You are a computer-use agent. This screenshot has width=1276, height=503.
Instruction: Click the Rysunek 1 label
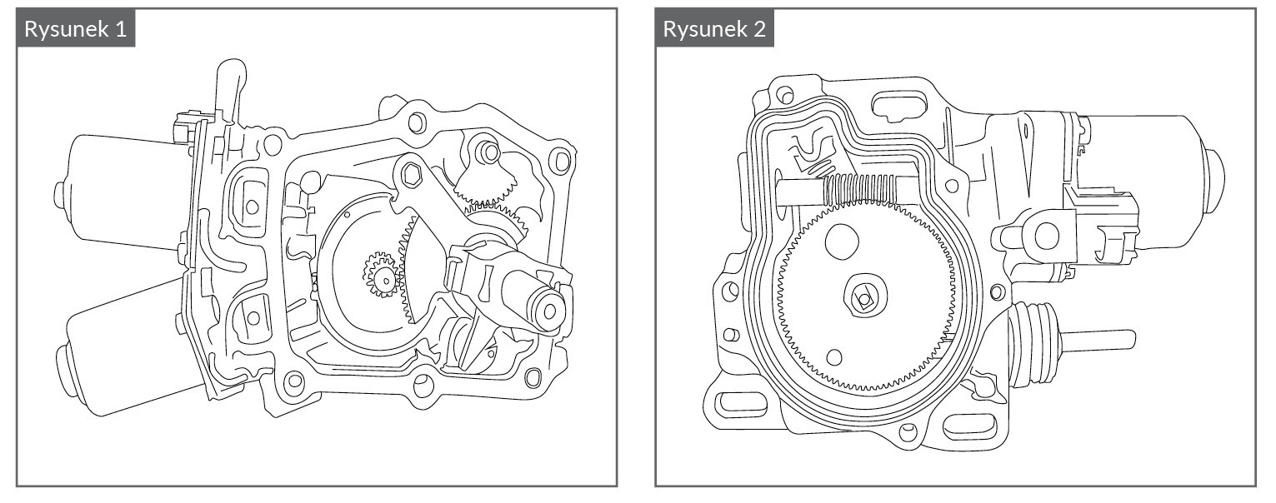pyautogui.click(x=76, y=29)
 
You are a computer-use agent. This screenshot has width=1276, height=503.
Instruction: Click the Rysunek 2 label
pyautogui.click(x=714, y=29)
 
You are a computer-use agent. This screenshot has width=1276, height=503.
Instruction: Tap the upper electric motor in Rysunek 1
pyautogui.click(x=117, y=187)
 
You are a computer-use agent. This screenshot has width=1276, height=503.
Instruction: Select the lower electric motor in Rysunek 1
pyautogui.click(x=125, y=350)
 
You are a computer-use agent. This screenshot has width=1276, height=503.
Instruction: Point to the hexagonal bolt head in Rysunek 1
pyautogui.click(x=409, y=174)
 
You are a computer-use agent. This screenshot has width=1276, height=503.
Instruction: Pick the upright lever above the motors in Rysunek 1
pyautogui.click(x=227, y=92)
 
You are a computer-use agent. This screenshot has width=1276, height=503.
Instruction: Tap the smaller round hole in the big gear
pyautogui.click(x=833, y=357)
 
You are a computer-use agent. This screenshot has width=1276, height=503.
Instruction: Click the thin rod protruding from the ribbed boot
pyautogui.click(x=1100, y=339)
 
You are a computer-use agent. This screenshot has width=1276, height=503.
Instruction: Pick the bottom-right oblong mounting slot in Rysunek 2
pyautogui.click(x=970, y=426)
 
